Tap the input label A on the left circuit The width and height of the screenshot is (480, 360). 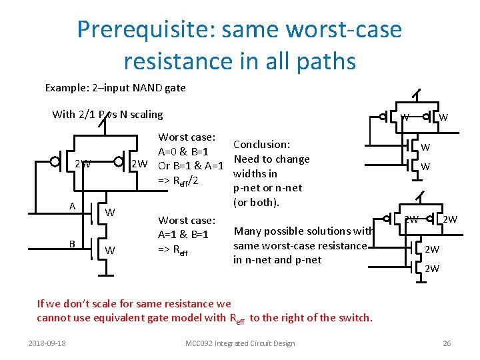(72, 206)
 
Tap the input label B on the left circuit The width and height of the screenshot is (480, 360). (72, 244)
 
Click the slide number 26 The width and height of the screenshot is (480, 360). (447, 343)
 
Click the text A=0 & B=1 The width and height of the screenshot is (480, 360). (183, 151)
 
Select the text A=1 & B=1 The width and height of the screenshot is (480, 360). (183, 235)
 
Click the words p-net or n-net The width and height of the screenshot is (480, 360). (267, 188)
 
